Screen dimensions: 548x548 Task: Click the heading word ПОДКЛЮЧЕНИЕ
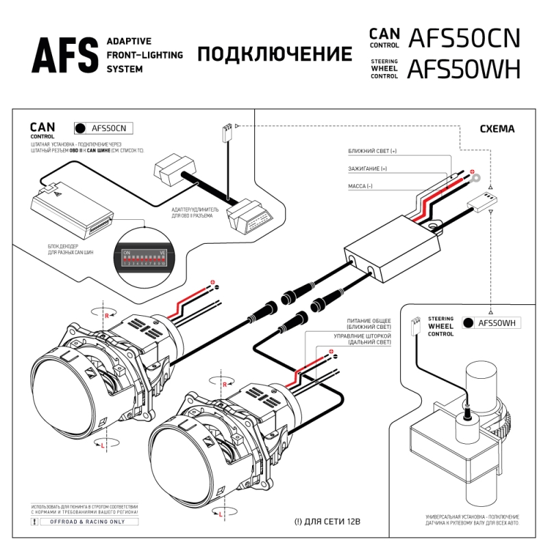pos(275,54)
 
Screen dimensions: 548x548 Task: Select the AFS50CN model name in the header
pos(464,38)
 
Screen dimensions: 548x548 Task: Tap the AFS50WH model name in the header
pos(464,70)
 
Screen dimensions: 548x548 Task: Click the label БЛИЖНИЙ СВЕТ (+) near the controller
pos(372,151)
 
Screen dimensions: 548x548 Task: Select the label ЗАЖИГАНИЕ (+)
pos(368,169)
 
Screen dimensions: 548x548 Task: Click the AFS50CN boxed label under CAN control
pos(103,127)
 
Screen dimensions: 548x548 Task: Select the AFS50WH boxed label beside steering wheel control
pos(490,323)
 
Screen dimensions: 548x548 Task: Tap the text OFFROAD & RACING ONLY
pos(83,521)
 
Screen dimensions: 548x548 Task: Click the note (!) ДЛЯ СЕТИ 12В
pos(327,521)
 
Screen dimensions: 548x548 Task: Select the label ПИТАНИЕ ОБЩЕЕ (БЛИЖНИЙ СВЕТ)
pos(368,324)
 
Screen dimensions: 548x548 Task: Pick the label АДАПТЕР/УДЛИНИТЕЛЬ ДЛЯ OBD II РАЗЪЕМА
pos(195,213)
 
